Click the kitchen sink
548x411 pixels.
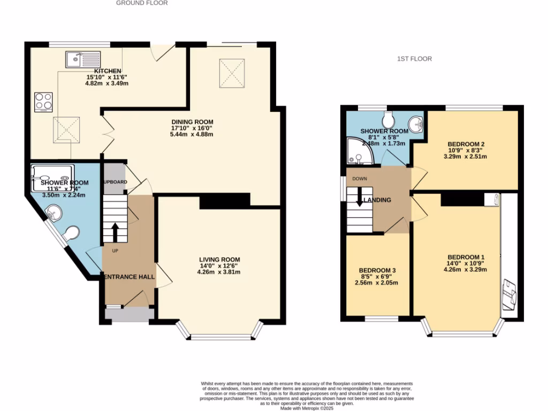pos(83,59)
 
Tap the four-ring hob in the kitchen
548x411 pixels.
pos(43,102)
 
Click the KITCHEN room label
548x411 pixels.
pos(108,71)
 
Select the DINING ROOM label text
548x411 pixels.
pos(192,121)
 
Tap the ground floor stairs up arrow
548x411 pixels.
pos(115,231)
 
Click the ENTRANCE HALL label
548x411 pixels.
pos(129,277)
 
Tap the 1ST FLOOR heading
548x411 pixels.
pos(414,59)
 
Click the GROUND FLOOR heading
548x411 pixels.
pos(142,3)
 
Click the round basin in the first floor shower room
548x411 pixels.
pos(416,125)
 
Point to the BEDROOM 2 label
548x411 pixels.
pos(466,144)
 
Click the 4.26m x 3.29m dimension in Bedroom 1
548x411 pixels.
pos(466,270)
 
